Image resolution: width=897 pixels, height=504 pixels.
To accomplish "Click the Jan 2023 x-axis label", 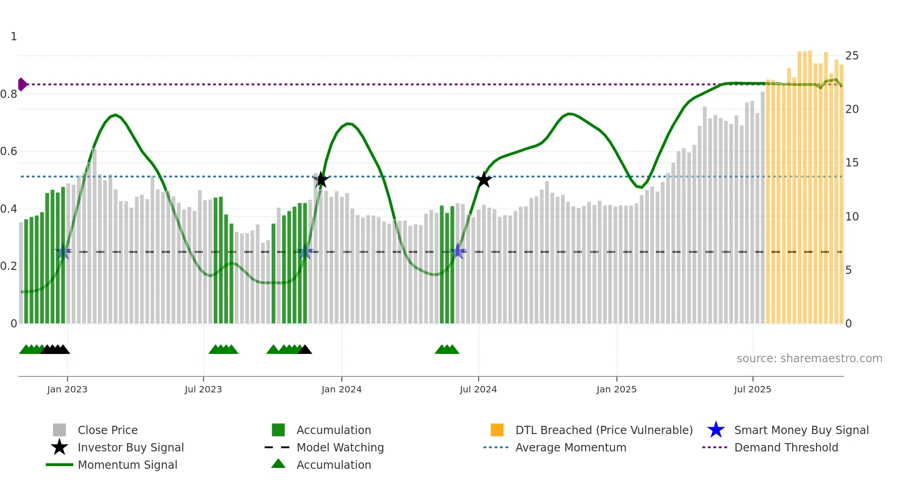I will point(67,389).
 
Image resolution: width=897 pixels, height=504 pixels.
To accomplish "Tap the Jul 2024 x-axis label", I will point(478,389).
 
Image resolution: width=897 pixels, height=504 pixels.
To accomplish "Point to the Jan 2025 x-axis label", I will point(616,389).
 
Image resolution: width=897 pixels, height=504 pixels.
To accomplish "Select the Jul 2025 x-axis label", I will point(752,389).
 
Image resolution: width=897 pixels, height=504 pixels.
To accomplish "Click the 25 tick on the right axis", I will point(852,56).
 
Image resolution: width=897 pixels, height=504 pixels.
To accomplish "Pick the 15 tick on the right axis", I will point(852,163).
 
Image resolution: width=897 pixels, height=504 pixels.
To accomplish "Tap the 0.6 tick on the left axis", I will point(9,151).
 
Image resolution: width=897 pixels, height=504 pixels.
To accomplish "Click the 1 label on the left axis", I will point(14,37).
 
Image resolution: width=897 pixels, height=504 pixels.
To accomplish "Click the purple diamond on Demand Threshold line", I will point(22,85).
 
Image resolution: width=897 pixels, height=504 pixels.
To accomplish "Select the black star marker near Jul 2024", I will point(484,180).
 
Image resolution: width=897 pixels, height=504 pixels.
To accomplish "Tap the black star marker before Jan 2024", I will point(321,180).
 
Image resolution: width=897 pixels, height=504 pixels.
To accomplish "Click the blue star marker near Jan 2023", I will point(63,252).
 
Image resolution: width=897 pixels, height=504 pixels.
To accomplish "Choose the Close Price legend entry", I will point(108,430).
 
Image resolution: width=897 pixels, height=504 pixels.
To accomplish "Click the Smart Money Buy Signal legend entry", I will point(801,430).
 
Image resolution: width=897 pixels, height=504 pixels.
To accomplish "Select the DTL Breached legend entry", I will point(604,430).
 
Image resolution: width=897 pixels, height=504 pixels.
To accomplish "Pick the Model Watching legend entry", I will point(340,447).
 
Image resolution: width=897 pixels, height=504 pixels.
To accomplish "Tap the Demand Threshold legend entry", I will point(786,447).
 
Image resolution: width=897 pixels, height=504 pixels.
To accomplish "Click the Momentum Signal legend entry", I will point(127,465).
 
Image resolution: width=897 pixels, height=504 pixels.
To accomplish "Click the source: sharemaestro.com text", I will point(809,359).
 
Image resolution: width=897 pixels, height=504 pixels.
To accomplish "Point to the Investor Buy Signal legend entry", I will point(130,447).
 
